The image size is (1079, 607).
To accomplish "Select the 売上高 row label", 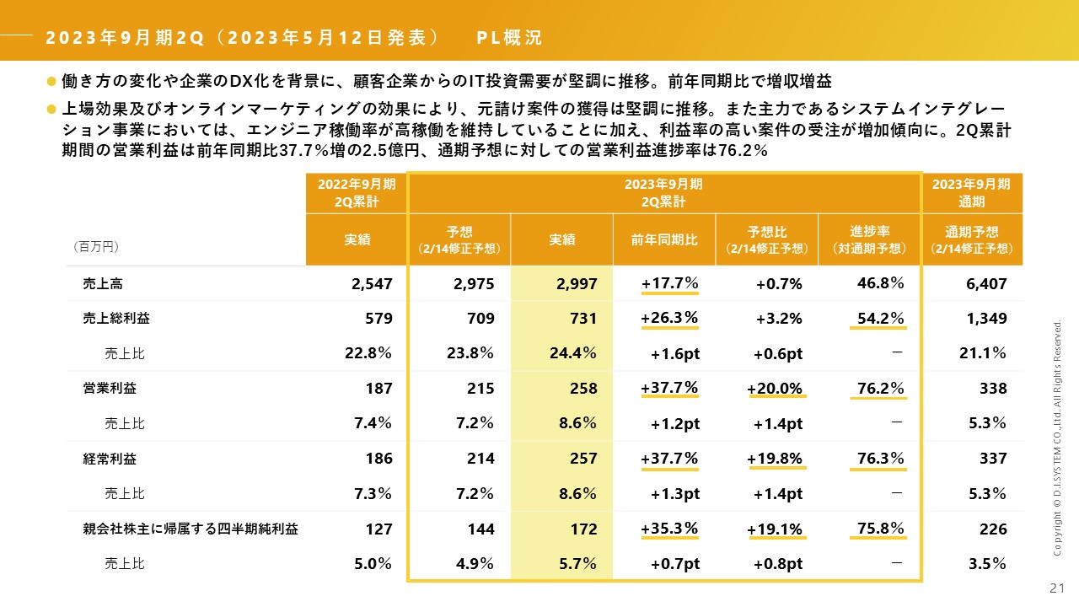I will pyautogui.click(x=99, y=284).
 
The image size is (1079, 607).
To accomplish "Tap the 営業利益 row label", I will pyautogui.click(x=110, y=389).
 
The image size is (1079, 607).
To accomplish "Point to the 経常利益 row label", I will pyautogui.click(x=110, y=459).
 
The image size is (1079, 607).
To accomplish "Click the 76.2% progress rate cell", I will pyautogui.click(x=880, y=388).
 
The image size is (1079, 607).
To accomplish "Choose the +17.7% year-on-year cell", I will pyautogui.click(x=669, y=283).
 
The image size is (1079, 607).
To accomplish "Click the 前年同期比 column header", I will pyautogui.click(x=664, y=239).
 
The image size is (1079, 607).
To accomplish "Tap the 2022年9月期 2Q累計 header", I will pyautogui.click(x=357, y=193).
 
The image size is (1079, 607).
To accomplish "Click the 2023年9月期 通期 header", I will pyautogui.click(x=973, y=193).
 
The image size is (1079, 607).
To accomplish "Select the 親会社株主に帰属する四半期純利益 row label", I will pyautogui.click(x=191, y=529).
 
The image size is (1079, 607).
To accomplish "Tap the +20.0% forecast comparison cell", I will pyautogui.click(x=775, y=389).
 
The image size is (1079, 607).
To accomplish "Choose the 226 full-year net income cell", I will pyautogui.click(x=993, y=529).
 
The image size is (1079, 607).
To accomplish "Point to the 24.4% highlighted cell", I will pyautogui.click(x=572, y=353).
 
